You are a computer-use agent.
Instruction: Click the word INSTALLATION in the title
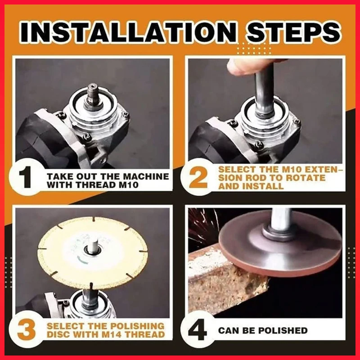[x=128, y=31]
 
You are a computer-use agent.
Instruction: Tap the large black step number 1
[x=25, y=177]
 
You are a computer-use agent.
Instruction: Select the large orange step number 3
[x=27, y=330]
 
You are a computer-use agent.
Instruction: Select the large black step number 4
[x=198, y=331]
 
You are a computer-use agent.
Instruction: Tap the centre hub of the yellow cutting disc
[x=92, y=249]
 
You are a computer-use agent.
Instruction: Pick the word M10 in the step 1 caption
[x=129, y=185]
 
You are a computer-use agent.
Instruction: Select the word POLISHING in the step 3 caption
[x=137, y=326]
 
